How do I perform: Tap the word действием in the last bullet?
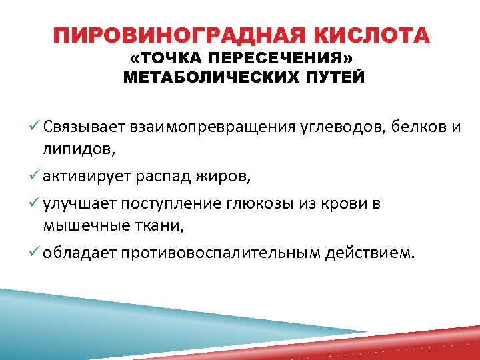[x=370, y=253]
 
